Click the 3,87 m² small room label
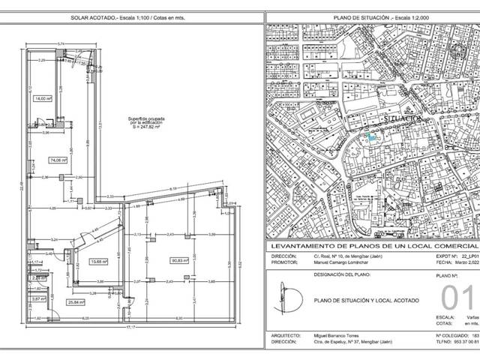point(37,299)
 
